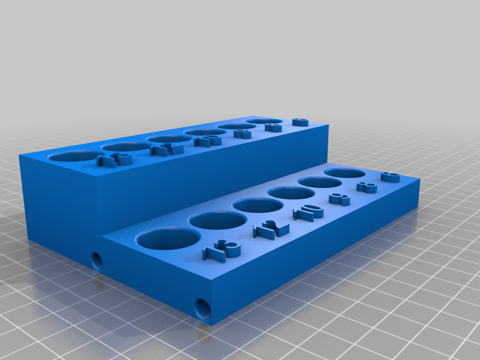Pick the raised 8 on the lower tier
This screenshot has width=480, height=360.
coord(367,187)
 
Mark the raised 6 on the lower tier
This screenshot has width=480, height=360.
coord(390,176)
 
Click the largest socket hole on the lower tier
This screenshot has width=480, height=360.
coord(168,238)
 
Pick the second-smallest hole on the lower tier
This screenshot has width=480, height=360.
coord(316,182)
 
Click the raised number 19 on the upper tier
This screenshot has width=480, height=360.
coord(114,160)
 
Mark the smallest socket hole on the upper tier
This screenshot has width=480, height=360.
coord(265,121)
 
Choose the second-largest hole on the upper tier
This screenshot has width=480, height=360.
coord(125,146)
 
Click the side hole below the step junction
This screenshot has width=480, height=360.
coord(96,260)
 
